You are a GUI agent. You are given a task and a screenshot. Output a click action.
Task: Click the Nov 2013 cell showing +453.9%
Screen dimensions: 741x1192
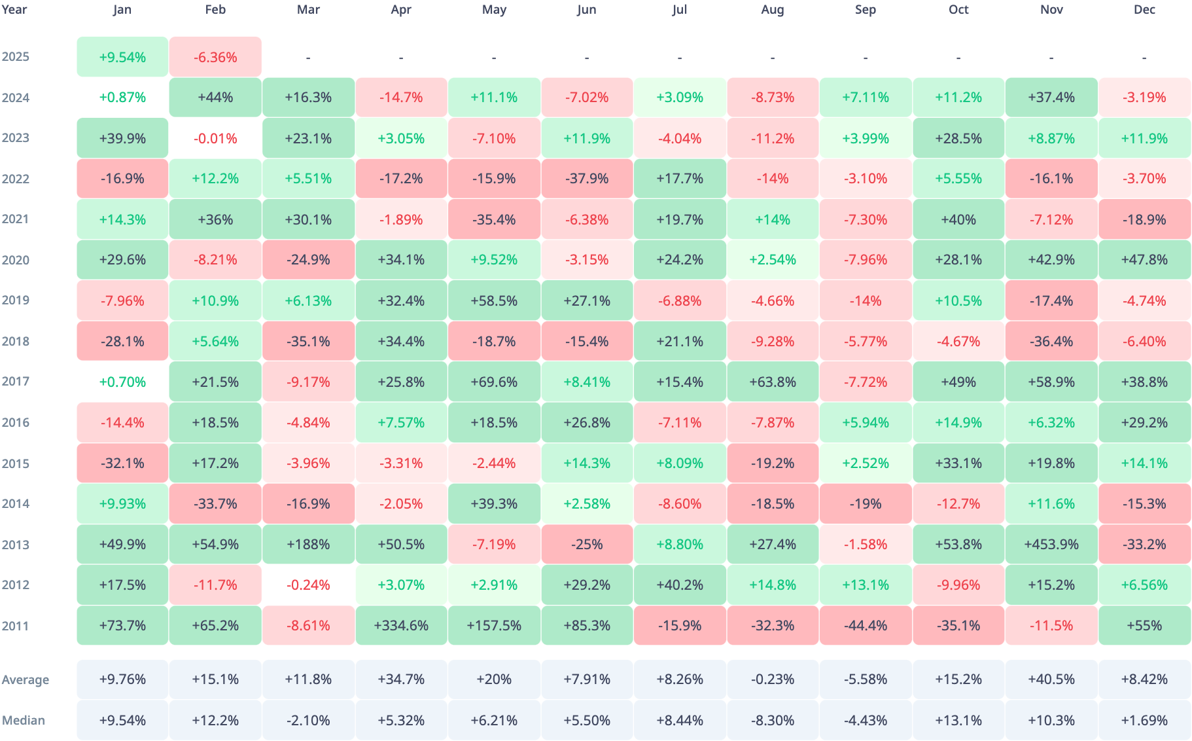coord(1051,545)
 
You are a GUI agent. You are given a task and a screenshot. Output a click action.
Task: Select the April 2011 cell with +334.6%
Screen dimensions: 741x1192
coord(401,626)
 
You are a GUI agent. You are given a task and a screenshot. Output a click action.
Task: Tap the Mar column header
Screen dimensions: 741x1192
coord(308,10)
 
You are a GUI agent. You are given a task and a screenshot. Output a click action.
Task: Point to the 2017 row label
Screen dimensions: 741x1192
coord(16,382)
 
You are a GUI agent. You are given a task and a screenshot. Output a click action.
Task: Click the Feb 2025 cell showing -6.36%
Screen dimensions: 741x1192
coord(215,57)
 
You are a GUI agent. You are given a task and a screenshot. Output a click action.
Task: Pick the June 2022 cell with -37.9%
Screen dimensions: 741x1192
coord(587,179)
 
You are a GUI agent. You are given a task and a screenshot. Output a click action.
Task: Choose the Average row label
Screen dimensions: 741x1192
coord(26,679)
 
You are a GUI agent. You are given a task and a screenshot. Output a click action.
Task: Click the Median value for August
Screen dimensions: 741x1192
coord(773,721)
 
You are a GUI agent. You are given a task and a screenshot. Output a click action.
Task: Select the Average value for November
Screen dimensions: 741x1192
coord(1051,679)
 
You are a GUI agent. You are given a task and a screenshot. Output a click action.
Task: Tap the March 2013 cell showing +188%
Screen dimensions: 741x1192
coord(308,545)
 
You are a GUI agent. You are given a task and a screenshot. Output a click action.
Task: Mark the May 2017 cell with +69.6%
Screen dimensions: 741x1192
coord(494,382)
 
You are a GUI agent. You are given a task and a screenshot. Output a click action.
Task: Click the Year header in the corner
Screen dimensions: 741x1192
coord(14,10)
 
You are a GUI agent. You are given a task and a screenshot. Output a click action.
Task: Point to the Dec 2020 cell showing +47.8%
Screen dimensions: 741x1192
coord(1144,260)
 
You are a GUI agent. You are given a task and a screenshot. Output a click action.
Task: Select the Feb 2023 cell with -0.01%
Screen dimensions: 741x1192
coord(215,139)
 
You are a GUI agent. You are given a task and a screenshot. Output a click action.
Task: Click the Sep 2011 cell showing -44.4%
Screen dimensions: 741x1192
coord(866,626)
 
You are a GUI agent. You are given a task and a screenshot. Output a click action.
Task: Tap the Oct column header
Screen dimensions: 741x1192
coord(958,10)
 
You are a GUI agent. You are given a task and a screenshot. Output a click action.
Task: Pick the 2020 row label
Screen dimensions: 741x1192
coord(16,260)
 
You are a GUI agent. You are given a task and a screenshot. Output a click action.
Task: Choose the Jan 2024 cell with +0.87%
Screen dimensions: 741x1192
coord(122,98)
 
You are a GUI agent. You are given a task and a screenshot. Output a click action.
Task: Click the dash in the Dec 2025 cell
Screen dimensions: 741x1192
coord(1144,58)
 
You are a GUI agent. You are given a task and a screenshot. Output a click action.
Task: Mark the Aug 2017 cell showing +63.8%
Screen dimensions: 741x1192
coord(773,382)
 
